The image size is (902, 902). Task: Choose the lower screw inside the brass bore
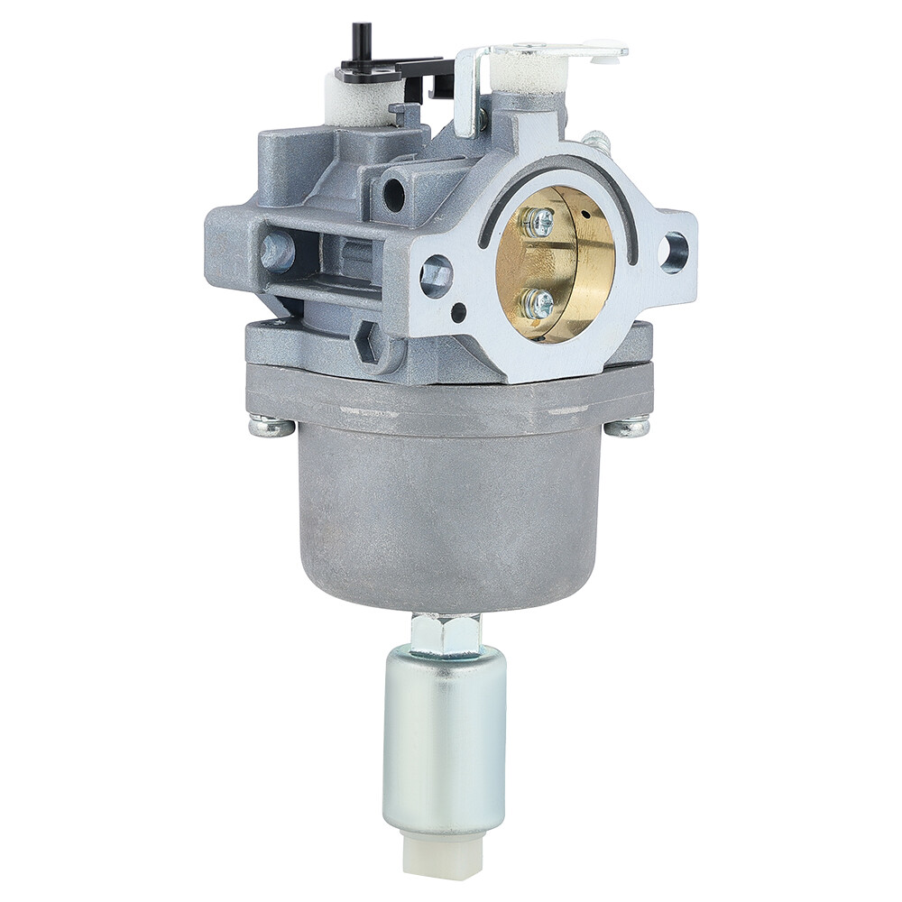point(538,303)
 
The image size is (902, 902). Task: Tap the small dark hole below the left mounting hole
point(459,313)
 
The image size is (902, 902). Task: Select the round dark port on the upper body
point(394,192)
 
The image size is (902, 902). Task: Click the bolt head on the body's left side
point(276,252)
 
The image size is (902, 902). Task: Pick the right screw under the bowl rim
point(627,427)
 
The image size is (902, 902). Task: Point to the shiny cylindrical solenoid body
point(444,740)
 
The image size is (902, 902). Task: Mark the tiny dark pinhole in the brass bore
point(584,215)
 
